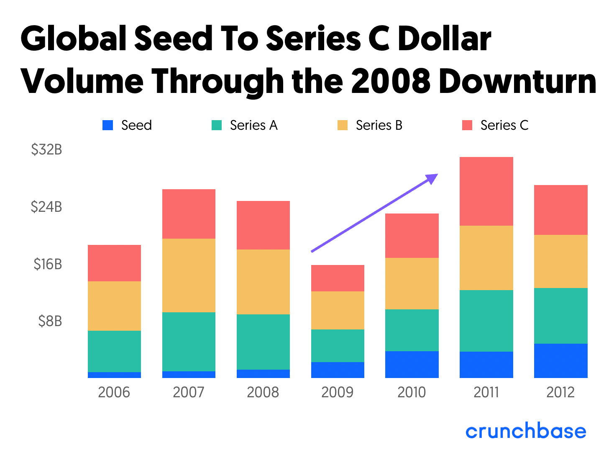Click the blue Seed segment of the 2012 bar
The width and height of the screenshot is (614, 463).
coord(560,360)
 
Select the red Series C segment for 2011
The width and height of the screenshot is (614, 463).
coord(486,191)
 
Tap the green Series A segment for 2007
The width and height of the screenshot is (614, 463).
coord(189,342)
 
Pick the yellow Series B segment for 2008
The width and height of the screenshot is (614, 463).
coord(263,282)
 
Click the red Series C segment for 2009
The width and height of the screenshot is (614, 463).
coord(338,278)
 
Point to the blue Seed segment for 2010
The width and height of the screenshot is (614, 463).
coord(412,364)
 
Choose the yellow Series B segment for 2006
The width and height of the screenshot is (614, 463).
coord(114,306)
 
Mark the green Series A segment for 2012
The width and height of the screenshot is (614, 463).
coord(560,316)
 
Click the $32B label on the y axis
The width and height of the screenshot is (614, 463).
coord(46,149)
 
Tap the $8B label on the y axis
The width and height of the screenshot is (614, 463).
coord(50,321)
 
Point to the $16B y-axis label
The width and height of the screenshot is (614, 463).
coord(48,264)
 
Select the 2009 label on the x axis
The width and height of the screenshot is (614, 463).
coord(337,392)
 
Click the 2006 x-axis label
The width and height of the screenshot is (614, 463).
coord(114,392)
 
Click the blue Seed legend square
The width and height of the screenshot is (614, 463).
coord(107,125)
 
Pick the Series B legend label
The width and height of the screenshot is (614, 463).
coord(379,125)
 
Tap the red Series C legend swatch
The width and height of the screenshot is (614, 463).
coord(467,125)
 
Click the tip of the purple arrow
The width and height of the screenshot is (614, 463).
coord(437,175)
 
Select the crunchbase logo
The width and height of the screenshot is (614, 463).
coord(526,432)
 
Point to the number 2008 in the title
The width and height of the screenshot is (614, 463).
coord(391,81)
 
